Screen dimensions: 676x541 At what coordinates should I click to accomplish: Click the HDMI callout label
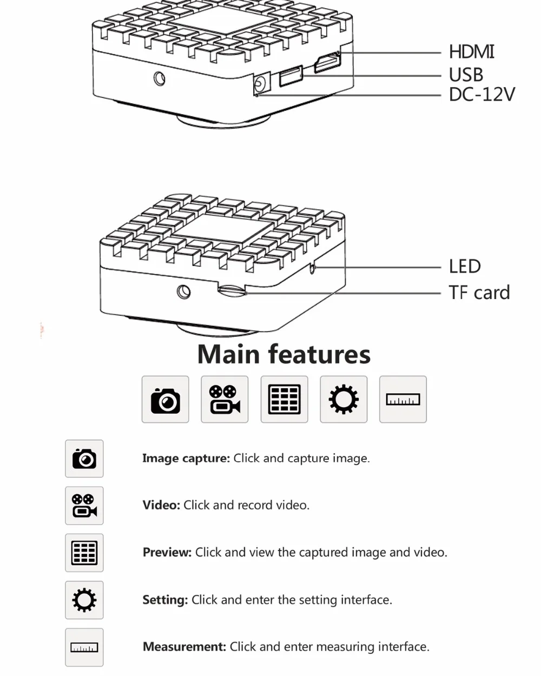click(471, 52)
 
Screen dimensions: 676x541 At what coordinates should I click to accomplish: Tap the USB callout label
click(466, 75)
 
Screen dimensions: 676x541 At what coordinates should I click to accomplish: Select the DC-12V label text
click(481, 95)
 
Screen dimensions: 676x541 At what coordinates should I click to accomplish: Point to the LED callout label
click(465, 266)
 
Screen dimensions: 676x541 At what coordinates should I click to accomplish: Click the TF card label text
click(479, 293)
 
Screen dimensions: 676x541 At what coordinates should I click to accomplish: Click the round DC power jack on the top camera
click(260, 84)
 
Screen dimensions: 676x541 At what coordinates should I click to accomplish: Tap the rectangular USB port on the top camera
click(291, 75)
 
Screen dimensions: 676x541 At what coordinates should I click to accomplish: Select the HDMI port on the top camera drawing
click(327, 64)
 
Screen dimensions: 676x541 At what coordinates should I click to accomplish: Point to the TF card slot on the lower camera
click(232, 290)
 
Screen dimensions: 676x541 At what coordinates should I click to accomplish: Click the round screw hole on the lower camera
click(183, 292)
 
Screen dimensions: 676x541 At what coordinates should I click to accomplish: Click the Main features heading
click(283, 354)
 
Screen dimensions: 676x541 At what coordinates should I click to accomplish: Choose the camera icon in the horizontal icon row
click(165, 400)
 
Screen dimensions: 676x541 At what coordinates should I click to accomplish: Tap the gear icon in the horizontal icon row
click(344, 400)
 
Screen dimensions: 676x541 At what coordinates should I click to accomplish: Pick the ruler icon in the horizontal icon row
click(403, 400)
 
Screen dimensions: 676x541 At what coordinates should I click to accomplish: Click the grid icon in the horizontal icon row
click(284, 400)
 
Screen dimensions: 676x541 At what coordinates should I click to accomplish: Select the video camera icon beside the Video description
click(84, 506)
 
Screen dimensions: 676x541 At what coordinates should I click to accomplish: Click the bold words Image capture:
click(186, 458)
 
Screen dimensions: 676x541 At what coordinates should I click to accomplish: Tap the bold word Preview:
click(167, 552)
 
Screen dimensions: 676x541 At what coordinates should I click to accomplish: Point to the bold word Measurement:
click(184, 646)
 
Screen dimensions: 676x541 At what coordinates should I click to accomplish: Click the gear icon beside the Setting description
click(84, 600)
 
